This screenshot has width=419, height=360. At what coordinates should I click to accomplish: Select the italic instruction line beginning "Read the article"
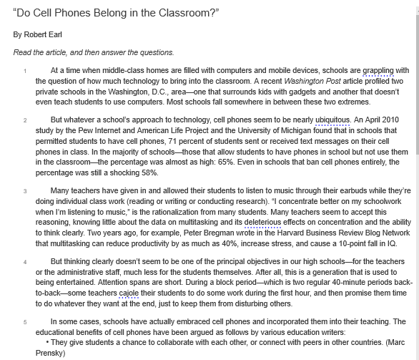coord(93,52)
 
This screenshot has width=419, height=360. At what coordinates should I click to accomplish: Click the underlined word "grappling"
coord(378,71)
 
